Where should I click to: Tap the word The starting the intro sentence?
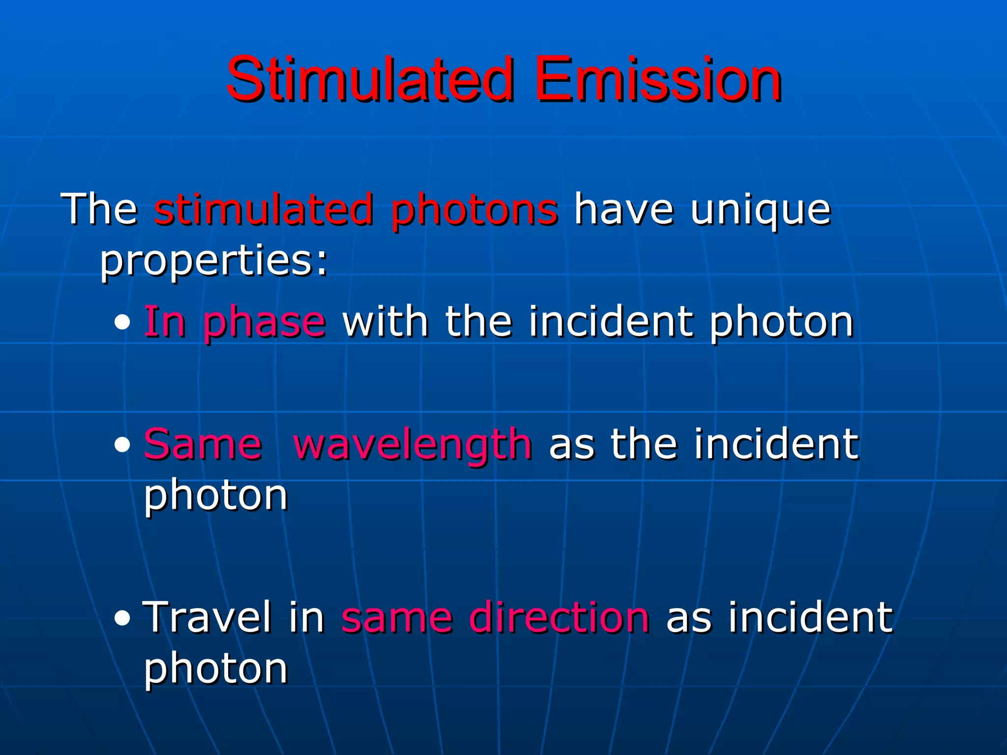99,210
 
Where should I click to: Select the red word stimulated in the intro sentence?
264,210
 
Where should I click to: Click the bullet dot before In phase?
122,323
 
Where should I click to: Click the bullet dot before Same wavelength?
122,445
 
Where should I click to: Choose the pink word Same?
203,444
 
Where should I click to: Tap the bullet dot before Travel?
122,619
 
